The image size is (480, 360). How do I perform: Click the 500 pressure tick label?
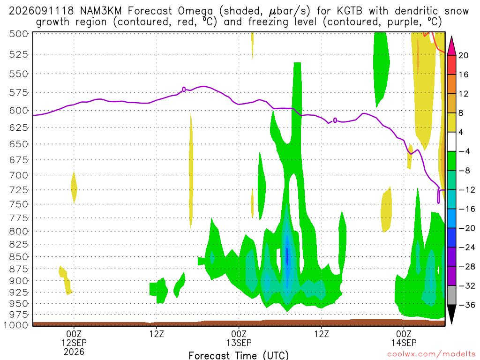point(18,34)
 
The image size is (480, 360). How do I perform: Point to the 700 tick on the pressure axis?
point(18,175)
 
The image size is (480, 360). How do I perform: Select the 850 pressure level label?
point(18,256)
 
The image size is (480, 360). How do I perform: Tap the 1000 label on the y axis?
point(16,325)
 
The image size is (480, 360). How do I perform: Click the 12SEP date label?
point(74,343)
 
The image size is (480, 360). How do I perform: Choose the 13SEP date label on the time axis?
point(239,343)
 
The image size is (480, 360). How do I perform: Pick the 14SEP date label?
point(404,343)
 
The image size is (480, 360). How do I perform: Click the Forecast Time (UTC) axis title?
point(239,355)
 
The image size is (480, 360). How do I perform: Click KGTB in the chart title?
point(350,11)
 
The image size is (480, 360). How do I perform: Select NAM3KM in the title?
point(101,11)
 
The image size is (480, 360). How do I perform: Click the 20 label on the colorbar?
point(464,55)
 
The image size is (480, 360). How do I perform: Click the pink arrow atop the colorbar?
point(452,46)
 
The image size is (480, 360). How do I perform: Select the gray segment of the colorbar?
point(452,295)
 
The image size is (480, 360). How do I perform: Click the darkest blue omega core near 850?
point(287,256)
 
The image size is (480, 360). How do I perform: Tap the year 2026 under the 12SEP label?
point(74,352)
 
